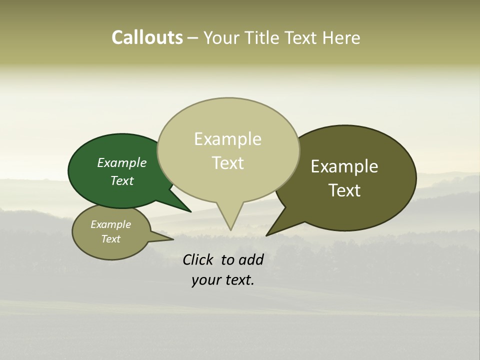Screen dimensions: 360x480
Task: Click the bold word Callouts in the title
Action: pos(147,37)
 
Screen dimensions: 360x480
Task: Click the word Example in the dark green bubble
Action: pos(122,162)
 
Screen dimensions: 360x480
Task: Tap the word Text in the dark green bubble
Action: pos(122,180)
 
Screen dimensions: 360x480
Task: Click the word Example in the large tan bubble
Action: pos(227,139)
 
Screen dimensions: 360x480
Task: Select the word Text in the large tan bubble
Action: pos(227,163)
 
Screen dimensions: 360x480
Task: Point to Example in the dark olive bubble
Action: pos(344,166)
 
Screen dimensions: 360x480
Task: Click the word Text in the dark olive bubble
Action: pos(344,190)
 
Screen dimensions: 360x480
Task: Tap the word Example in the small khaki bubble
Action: pos(110,224)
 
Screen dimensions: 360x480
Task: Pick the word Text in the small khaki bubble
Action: pos(110,239)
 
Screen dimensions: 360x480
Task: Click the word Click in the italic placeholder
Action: pos(199,259)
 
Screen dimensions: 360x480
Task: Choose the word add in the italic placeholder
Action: pos(251,259)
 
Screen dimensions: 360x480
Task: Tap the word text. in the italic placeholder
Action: pos(238,280)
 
